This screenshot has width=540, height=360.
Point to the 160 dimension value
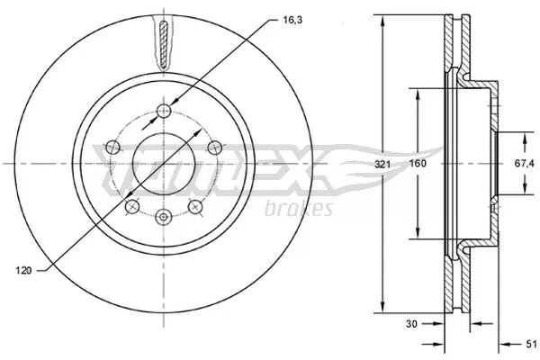[418, 164]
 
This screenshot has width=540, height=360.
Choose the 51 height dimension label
[530, 343]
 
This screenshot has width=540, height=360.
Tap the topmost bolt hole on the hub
[164, 111]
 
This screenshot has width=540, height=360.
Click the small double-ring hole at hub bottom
[164, 217]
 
